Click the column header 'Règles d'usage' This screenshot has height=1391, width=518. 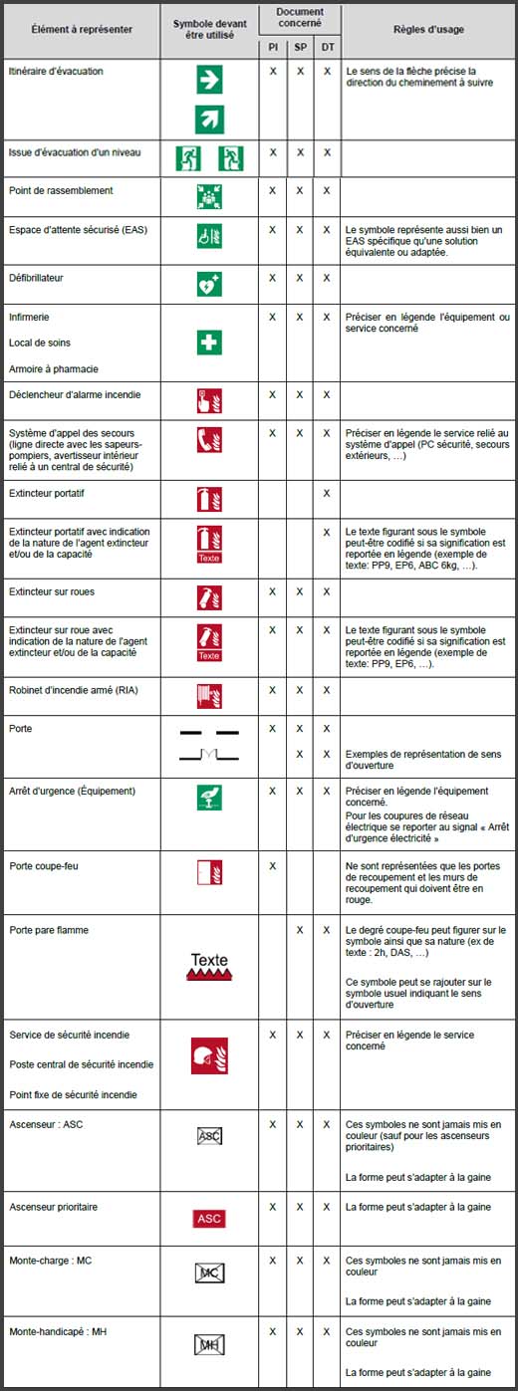(430, 30)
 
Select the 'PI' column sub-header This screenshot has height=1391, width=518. (273, 47)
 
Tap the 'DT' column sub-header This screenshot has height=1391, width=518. (327, 47)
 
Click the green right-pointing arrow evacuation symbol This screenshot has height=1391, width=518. (209, 81)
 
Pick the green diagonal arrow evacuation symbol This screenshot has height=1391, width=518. (209, 119)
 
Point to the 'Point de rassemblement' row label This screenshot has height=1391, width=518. (61, 190)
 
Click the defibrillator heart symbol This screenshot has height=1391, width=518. (209, 284)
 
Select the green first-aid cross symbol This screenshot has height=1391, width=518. (209, 344)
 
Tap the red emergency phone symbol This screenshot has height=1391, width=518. (209, 440)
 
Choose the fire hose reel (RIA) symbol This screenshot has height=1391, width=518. (209, 693)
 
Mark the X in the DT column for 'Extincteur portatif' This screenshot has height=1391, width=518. (327, 493)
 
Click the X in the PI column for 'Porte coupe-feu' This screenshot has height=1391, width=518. (273, 865)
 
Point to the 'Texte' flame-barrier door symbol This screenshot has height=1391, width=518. (209, 966)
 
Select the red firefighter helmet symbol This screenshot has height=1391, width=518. (209, 1055)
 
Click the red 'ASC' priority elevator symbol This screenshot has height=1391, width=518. (209, 1218)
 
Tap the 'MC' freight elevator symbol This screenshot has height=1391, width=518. (209, 1273)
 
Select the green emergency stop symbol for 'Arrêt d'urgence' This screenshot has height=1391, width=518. (209, 797)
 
